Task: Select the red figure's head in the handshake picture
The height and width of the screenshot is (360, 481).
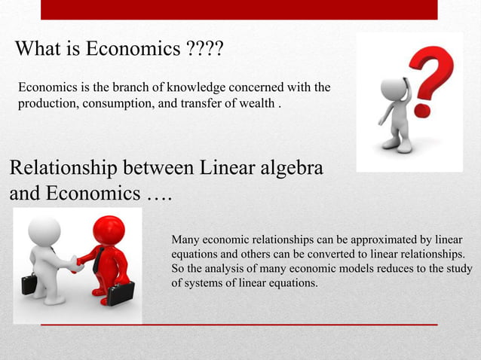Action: [109, 230]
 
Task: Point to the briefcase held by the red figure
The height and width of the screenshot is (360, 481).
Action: [121, 292]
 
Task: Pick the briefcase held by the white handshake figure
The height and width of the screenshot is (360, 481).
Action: [29, 284]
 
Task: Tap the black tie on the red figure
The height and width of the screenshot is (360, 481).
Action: [98, 259]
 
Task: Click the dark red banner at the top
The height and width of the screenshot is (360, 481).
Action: [239, 9]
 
